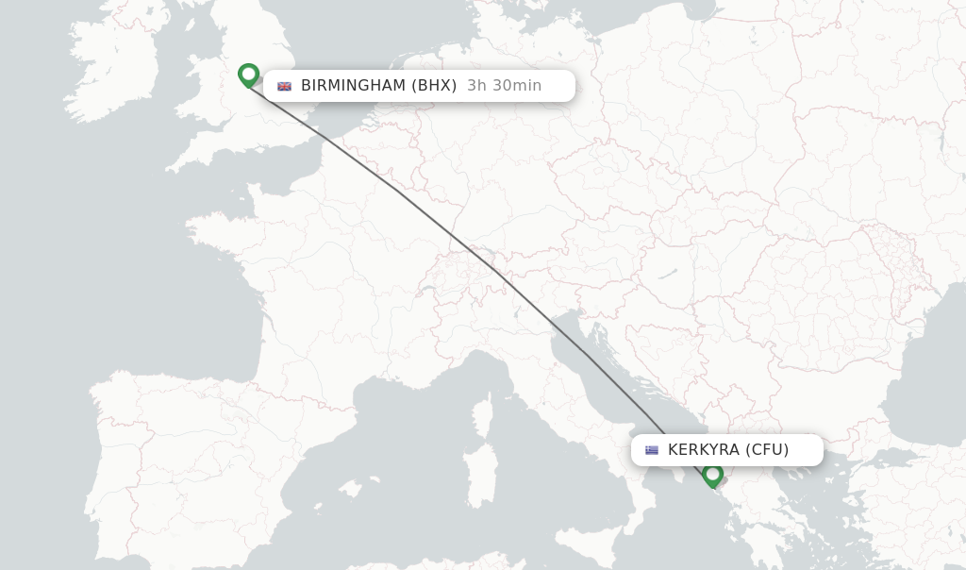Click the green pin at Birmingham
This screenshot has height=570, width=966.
click(x=248, y=75)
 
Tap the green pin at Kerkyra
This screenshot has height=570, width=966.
click(x=713, y=475)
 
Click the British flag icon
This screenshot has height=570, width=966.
click(x=284, y=86)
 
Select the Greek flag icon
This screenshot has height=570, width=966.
click(x=652, y=450)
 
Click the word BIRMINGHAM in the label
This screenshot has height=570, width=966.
click(x=354, y=86)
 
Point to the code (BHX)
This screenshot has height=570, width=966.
click(x=434, y=86)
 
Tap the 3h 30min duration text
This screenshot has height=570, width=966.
click(x=504, y=86)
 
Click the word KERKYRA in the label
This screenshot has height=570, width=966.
click(x=704, y=450)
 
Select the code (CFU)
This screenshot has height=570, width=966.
click(x=767, y=450)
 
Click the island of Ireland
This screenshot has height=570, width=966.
click(x=113, y=71)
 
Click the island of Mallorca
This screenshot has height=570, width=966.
click(x=352, y=489)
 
